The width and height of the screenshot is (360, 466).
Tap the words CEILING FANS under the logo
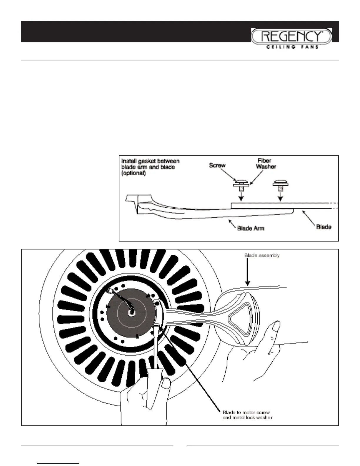292,47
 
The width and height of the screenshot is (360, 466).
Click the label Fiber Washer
266,163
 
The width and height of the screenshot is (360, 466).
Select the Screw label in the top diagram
217,165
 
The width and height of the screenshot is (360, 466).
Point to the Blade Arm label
251,228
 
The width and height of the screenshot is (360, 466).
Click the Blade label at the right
324,227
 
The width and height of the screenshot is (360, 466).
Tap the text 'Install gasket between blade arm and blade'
151,164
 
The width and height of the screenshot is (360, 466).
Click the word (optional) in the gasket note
134,173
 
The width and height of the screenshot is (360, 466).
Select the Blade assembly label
262,255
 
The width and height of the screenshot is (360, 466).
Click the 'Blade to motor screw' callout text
246,412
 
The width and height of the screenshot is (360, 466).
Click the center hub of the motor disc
130,313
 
